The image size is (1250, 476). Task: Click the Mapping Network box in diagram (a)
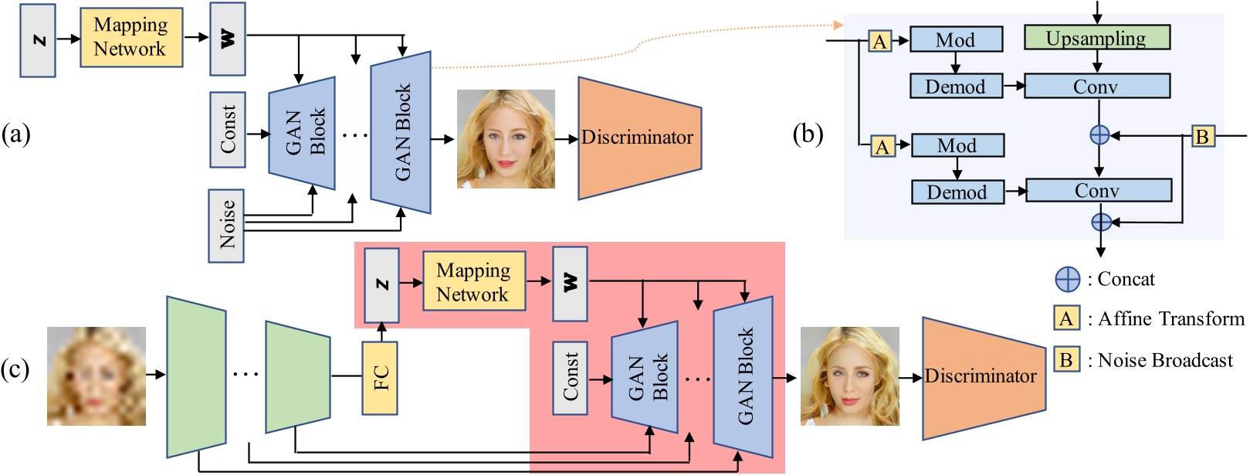(131, 37)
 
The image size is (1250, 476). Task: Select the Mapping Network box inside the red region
(473, 282)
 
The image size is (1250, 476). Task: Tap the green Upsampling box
(1096, 38)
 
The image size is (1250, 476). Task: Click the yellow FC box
(380, 378)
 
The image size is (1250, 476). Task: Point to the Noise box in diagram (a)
(226, 226)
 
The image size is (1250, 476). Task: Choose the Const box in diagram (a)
(228, 130)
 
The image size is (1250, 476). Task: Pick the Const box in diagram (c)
(570, 377)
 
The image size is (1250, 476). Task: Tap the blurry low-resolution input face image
(97, 376)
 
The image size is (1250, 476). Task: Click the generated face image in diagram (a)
(506, 139)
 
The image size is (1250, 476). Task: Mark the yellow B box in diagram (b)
(1201, 136)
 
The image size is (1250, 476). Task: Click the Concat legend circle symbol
(1068, 279)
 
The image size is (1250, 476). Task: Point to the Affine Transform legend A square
(1066, 318)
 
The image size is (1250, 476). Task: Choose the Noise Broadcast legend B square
(1066, 359)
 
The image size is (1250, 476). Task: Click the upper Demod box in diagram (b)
(956, 87)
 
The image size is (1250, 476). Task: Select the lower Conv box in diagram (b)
(1098, 190)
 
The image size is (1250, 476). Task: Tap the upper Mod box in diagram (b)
(956, 39)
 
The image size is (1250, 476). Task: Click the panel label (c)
(15, 369)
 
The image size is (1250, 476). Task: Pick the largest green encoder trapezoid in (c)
(196, 376)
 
